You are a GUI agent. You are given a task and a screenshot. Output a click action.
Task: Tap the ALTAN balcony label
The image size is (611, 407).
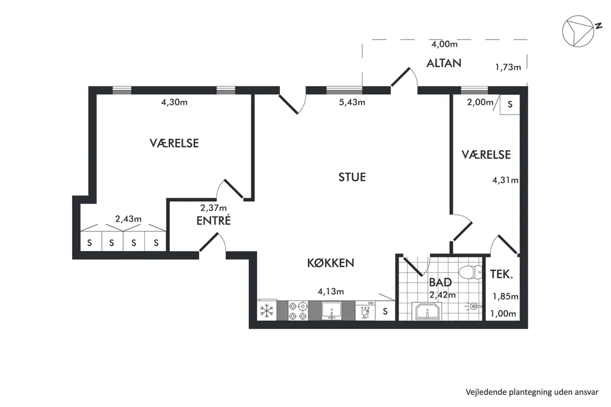pos(443,63)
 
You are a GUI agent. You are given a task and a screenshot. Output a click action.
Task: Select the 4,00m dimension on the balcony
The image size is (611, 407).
pos(444,44)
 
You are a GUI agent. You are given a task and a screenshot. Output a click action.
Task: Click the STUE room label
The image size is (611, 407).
pos(352,177)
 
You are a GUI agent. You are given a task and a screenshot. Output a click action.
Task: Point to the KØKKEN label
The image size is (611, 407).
pos(331,263)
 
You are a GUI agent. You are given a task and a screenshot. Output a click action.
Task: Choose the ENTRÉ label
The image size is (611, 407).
pos(213,221)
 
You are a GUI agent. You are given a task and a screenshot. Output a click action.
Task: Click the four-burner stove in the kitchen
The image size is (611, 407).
pos(297,310)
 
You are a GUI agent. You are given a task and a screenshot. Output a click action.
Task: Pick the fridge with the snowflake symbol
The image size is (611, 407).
pos(267,310)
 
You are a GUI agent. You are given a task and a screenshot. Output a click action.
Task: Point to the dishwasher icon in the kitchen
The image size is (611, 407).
pos(364,310)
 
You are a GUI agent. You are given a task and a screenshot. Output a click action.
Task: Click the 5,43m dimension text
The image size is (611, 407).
pos(352,102)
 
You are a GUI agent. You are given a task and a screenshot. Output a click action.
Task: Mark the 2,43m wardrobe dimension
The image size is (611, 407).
pos(128,219)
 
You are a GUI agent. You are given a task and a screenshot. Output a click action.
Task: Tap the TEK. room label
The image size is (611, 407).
pos(500,274)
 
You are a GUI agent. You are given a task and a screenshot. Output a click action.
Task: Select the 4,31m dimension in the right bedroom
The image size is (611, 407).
pos(505,180)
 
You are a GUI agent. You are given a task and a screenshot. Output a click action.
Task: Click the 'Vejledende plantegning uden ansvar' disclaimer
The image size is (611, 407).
pos(532,391)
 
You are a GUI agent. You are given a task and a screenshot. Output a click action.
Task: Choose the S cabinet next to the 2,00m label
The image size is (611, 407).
pos(510,105)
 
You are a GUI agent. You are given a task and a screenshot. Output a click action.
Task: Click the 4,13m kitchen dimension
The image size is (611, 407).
pos(331,291)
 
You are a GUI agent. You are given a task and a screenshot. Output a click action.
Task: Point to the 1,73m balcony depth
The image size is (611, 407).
pos(507,67)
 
